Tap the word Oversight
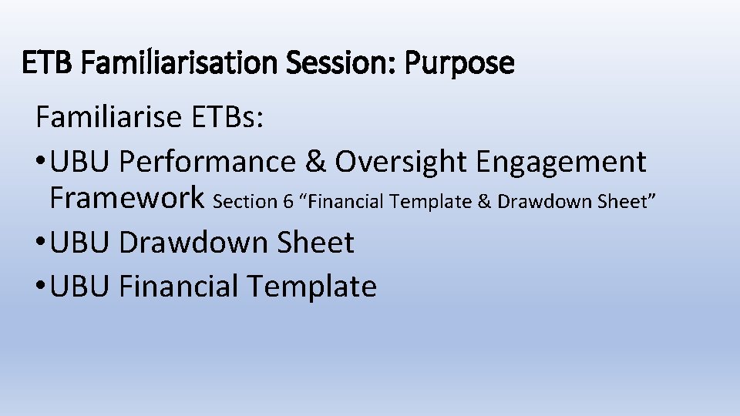click(x=401, y=162)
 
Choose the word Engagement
click(x=561, y=162)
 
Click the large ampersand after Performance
click(x=314, y=162)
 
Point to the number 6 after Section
click(x=288, y=202)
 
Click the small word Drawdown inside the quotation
click(x=536, y=202)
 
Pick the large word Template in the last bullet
click(x=311, y=287)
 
